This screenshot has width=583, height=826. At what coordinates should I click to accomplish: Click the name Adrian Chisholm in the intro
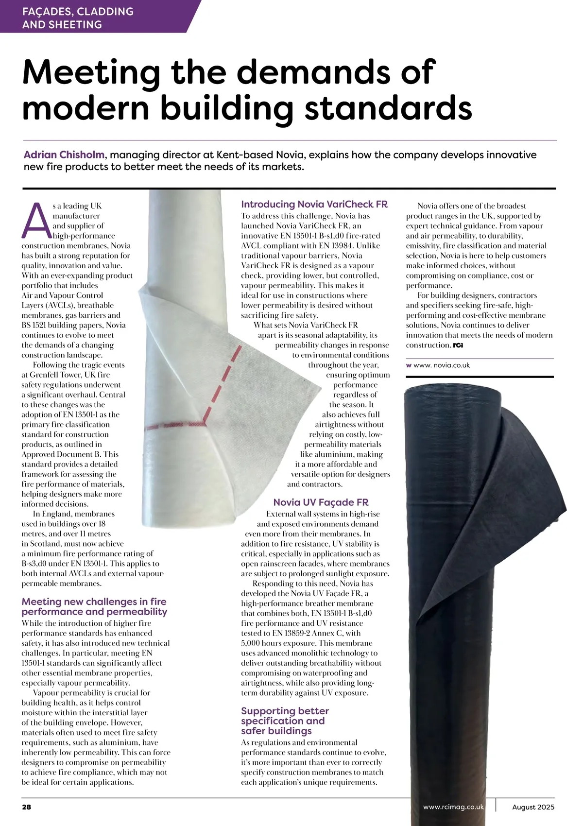(x=64, y=155)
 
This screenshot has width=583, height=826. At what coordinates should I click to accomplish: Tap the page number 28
(x=27, y=807)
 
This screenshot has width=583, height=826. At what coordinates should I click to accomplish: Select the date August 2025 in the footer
(x=533, y=807)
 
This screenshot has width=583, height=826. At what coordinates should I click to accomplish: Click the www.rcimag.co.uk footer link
(x=453, y=807)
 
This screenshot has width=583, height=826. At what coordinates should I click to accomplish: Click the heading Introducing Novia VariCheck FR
(x=314, y=205)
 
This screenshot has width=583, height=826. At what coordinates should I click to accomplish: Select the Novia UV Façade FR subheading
(x=321, y=502)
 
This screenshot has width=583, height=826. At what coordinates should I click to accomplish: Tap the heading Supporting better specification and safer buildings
(x=285, y=721)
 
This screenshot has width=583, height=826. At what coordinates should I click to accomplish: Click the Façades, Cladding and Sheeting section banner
(x=78, y=18)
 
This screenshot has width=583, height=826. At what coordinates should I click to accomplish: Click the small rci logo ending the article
(x=458, y=345)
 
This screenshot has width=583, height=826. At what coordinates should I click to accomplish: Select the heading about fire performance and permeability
(x=94, y=606)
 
